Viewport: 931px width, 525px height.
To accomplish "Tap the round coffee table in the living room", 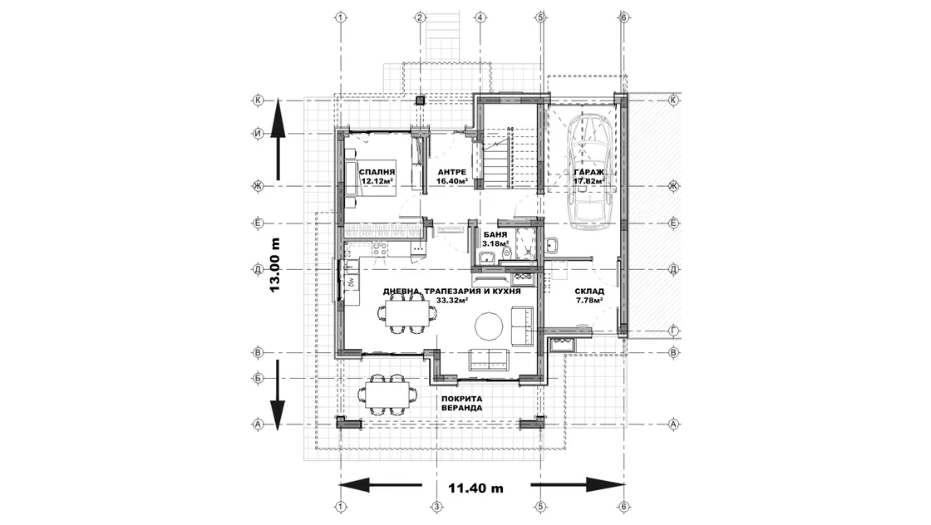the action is tap(489, 326).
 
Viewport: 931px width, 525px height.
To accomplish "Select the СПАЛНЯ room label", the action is tap(377, 172).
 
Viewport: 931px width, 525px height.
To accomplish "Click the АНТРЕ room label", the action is tap(451, 172).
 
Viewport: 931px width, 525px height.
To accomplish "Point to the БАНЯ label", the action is tap(495, 235).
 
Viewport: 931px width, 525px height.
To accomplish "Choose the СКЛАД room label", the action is tap(589, 292).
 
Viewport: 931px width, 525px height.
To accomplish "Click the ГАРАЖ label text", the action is tap(589, 172).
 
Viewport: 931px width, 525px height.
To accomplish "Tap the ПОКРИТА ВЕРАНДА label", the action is tap(462, 404).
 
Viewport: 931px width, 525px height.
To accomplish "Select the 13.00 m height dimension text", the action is tap(274, 264).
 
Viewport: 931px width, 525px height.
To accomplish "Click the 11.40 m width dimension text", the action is tap(475, 488).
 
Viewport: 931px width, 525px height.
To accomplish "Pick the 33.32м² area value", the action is tap(452, 300).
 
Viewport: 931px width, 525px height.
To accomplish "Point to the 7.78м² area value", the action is tap(589, 300).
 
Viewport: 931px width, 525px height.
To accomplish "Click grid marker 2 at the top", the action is tap(420, 17).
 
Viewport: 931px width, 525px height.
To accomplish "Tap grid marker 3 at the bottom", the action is tap(436, 507).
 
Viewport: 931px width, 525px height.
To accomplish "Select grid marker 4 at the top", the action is tap(480, 17).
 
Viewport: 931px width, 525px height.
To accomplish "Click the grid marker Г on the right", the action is tap(673, 331).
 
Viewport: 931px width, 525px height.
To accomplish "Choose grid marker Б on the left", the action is tap(259, 378).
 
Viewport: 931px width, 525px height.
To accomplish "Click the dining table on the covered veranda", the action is tap(389, 394).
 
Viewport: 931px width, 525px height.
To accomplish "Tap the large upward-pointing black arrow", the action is tap(278, 140).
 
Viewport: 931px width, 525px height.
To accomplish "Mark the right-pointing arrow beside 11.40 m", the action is tap(578, 484).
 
